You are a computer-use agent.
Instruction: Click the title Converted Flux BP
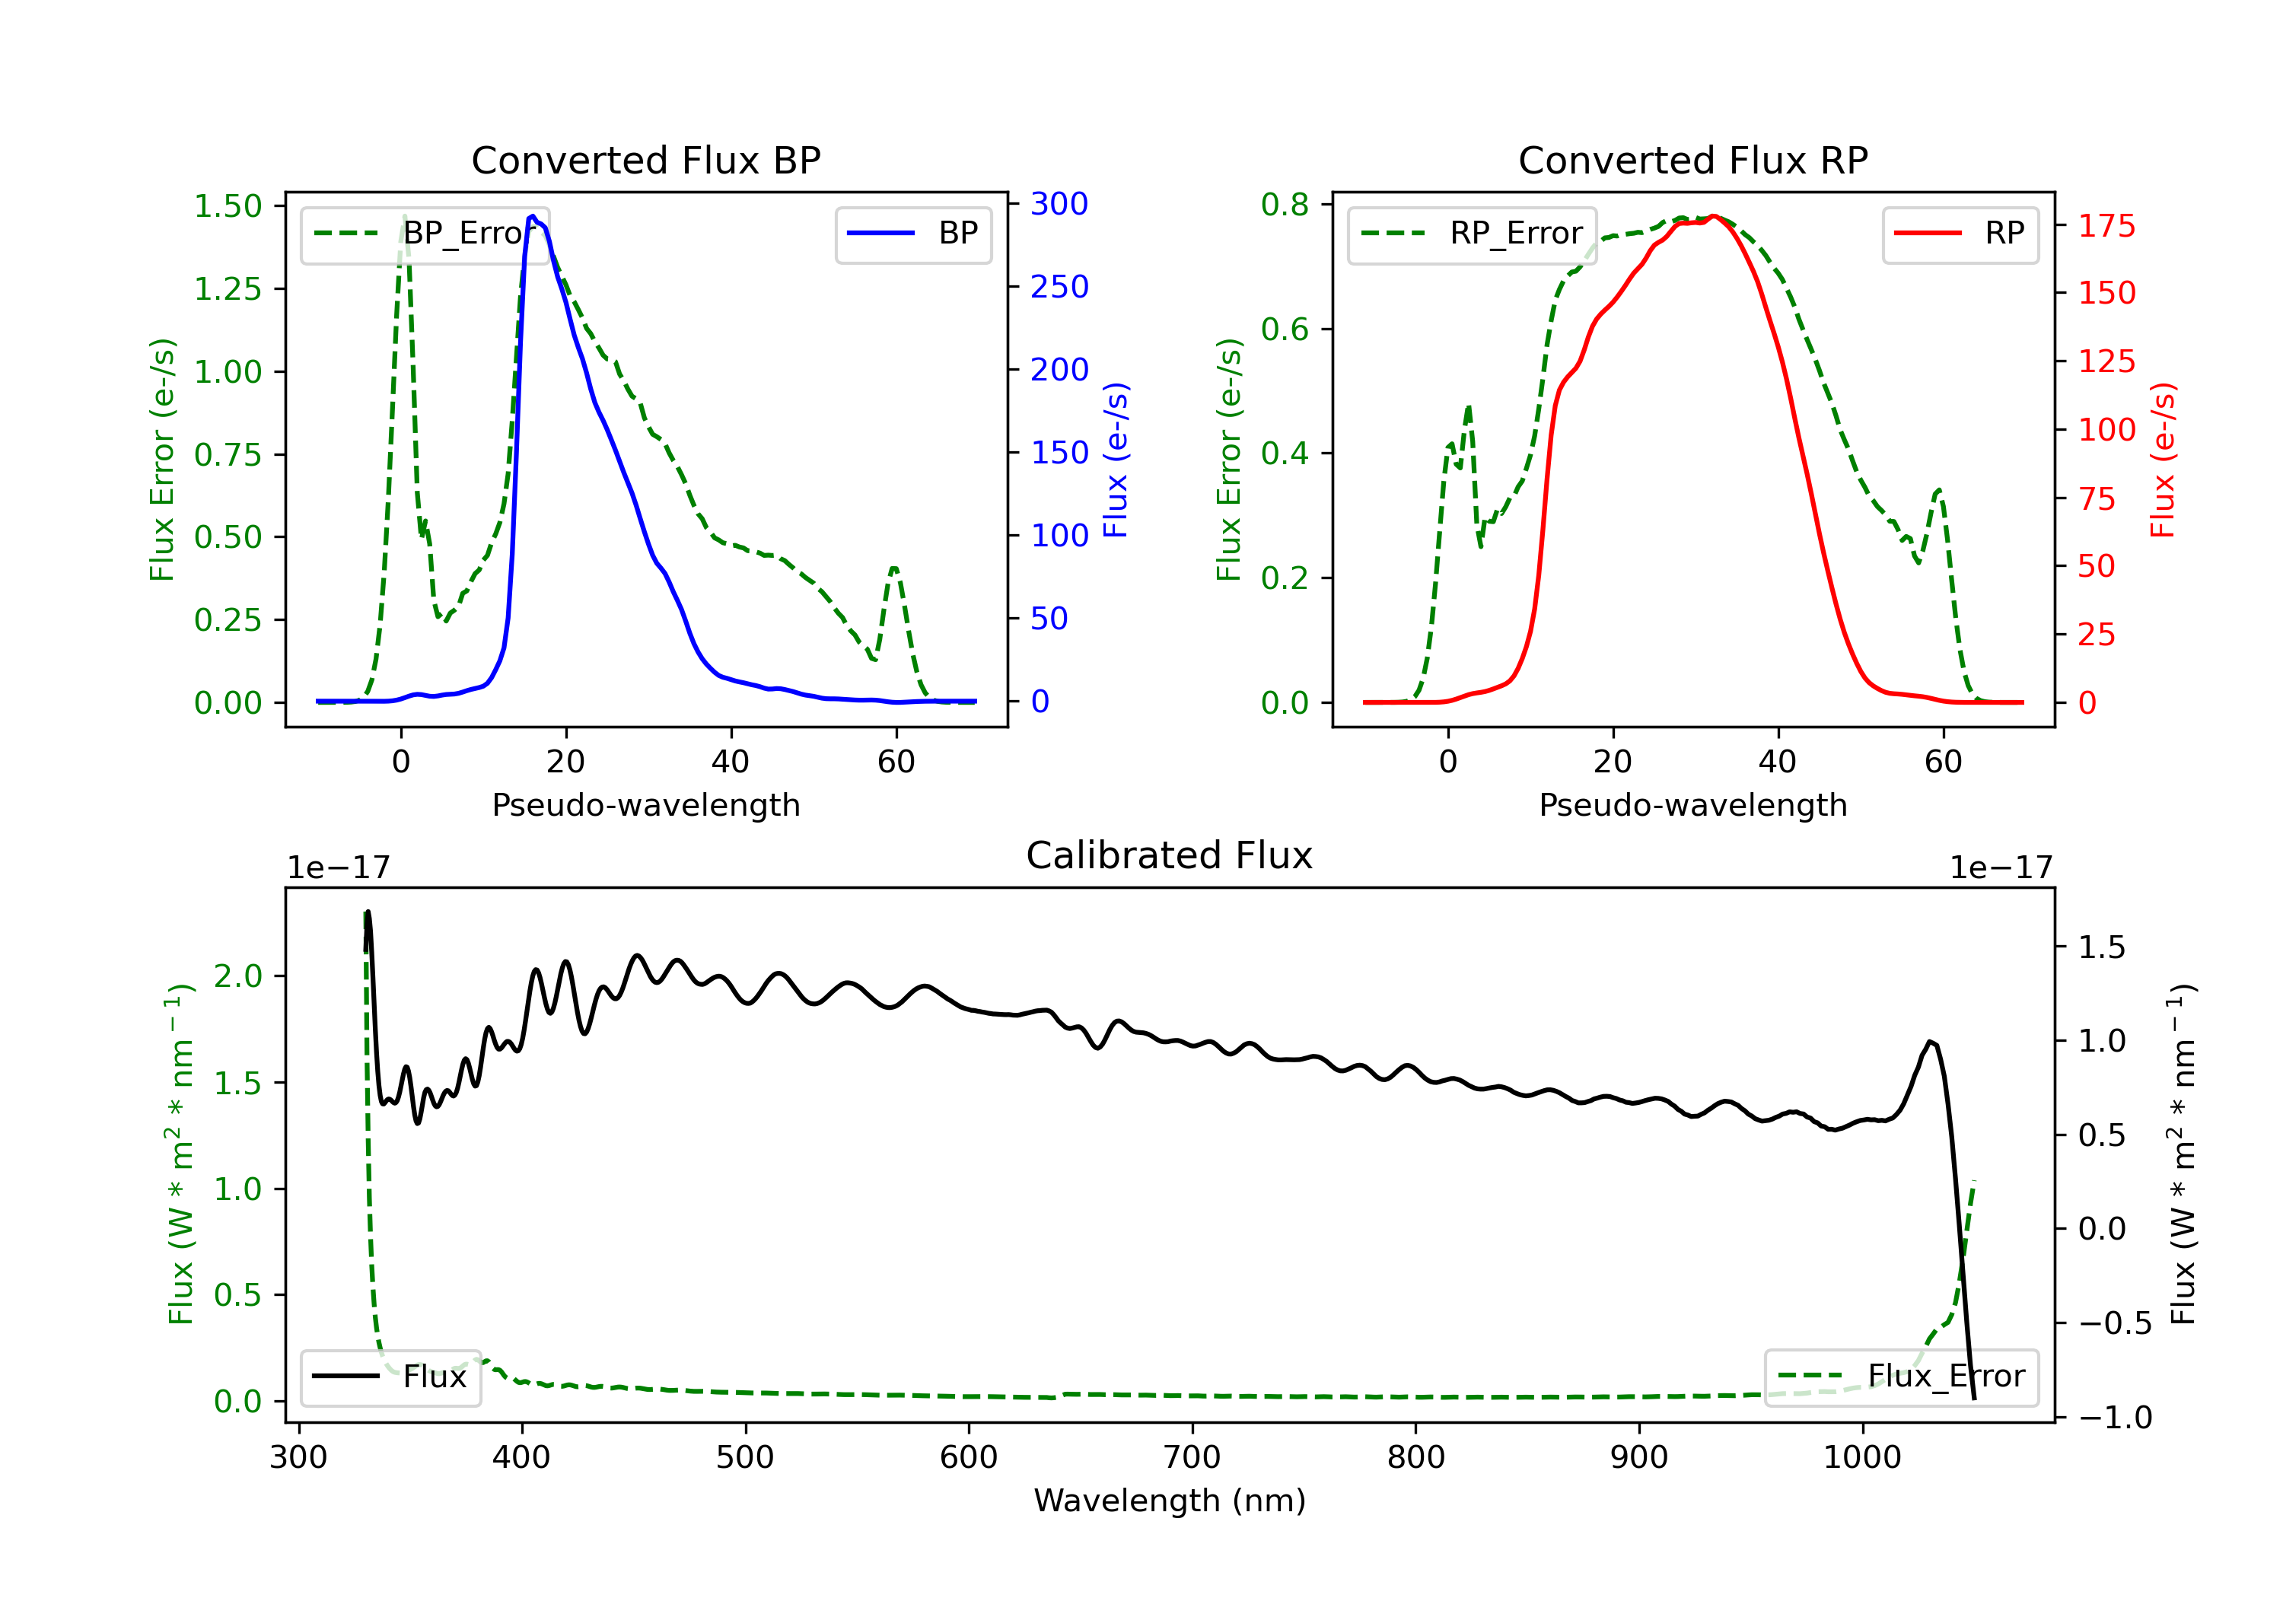pos(645,160)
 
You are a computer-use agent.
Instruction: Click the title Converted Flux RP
pos(1692,160)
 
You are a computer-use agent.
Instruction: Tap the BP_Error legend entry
pos(425,234)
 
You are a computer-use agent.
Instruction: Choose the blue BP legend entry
pos(912,234)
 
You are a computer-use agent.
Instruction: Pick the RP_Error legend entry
pos(1472,234)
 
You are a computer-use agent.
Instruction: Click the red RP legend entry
pos(1960,234)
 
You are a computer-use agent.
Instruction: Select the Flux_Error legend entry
pos(1901,1377)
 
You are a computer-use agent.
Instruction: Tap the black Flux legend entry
pos(390,1377)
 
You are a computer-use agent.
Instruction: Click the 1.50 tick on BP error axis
pos(228,206)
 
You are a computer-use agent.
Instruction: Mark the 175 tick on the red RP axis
pos(2106,226)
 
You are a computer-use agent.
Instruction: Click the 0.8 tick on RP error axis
pos(1285,204)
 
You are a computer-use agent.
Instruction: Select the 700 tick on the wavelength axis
pos(1192,1458)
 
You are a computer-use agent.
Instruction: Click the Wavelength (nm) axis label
pos(1170,1501)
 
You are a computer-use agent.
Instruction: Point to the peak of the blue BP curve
pos(533,216)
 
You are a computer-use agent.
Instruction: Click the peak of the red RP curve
pos(1713,216)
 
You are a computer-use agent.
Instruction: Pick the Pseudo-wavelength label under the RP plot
pos(1692,804)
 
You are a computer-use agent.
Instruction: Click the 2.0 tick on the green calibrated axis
pos(237,976)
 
